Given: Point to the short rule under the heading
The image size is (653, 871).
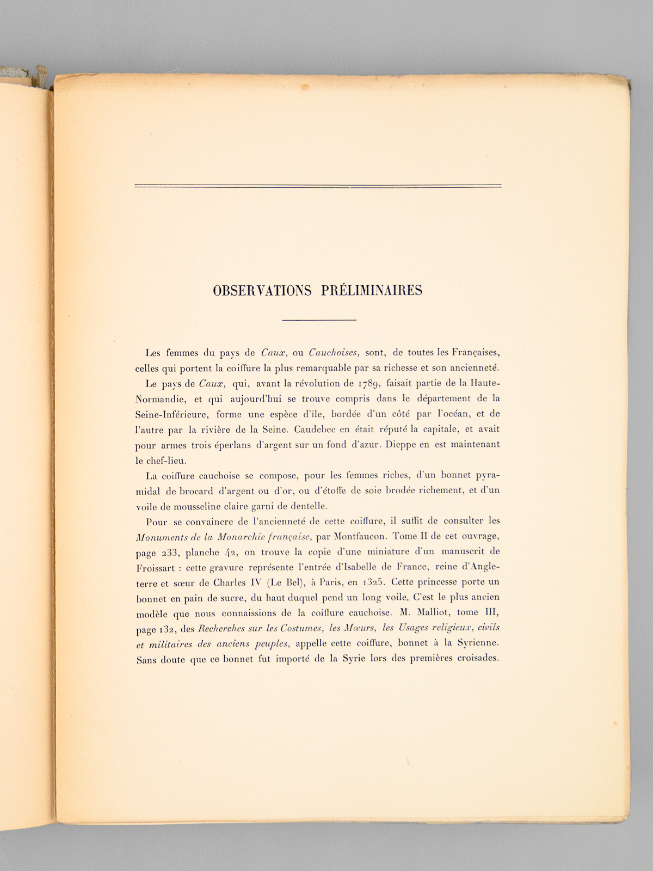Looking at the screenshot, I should (319, 320).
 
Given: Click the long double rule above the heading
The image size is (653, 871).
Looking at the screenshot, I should (318, 186).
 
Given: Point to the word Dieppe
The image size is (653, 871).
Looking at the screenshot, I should (400, 444).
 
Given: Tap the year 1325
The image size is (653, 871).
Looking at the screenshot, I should (372, 582).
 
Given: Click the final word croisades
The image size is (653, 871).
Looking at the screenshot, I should (472, 658).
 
